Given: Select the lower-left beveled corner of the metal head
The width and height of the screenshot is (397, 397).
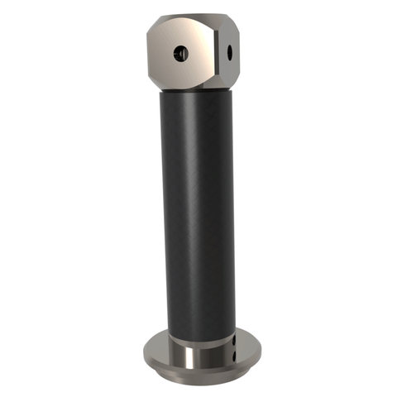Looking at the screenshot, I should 157,80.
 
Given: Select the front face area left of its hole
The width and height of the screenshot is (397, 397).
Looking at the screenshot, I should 164,55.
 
